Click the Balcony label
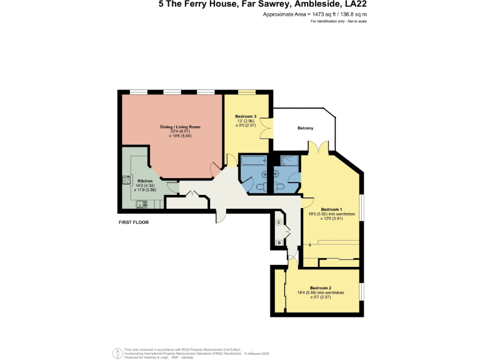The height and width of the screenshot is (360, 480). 304,129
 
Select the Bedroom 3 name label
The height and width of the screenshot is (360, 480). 246,116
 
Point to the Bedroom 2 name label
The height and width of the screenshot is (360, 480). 321,288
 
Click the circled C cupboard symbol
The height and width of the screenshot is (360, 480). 279,222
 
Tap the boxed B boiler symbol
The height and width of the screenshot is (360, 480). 279,242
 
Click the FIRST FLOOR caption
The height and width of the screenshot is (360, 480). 133,222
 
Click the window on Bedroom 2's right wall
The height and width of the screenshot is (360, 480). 361,291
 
